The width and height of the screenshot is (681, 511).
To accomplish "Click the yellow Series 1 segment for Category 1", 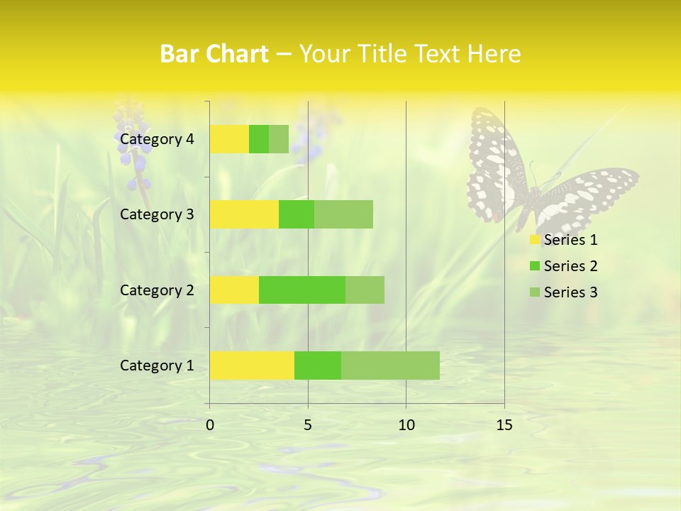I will point(252,365).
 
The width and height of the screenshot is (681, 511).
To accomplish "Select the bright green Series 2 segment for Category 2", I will point(302,290).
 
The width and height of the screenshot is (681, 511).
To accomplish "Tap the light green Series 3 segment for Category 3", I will point(343,214).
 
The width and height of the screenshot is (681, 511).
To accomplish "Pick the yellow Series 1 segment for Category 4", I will point(229,139).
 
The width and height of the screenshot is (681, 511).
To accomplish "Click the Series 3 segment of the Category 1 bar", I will point(390,365).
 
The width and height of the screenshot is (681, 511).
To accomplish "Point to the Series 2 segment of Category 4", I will point(259,139).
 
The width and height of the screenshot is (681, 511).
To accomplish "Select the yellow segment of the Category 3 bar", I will point(244,214).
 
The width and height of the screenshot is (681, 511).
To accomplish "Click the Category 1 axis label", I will point(157,366).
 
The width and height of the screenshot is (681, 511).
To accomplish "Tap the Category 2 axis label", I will point(157,290).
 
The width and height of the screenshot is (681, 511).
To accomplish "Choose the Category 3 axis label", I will point(157,214).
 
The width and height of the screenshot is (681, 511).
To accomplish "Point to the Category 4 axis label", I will point(157,139).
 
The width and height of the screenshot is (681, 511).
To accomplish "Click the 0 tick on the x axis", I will point(210,425).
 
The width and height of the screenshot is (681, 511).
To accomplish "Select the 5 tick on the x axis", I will point(308,425).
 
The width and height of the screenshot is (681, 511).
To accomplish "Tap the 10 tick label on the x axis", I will point(406,425).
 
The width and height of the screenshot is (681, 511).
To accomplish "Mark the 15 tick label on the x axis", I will point(504,425).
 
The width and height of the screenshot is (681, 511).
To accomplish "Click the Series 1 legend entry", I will point(564,240).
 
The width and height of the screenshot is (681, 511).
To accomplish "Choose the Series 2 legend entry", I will point(564,266).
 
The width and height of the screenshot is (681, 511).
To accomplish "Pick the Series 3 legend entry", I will point(564,292).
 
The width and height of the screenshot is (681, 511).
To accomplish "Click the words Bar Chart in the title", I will point(214,54).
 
